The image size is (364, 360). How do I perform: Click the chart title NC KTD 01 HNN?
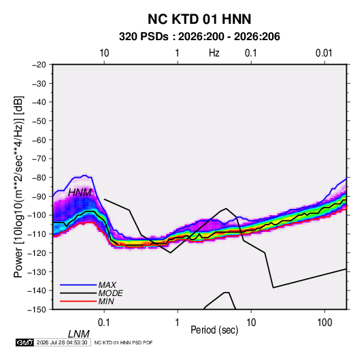point(199,19)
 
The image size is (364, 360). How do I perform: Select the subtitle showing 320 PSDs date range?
point(199,37)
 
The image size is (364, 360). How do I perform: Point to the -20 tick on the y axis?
point(39,65)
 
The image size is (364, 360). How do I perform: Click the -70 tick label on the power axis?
point(39,159)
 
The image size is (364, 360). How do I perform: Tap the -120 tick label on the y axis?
point(37,252)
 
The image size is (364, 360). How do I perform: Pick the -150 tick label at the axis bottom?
point(37,310)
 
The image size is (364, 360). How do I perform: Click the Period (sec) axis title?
point(214,330)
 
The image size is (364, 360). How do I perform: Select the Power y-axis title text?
point(18,187)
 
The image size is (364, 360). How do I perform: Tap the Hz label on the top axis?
point(214,53)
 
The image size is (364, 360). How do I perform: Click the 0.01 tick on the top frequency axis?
point(324,53)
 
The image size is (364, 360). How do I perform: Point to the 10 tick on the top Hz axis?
point(104,53)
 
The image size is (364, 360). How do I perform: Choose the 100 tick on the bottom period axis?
point(325,323)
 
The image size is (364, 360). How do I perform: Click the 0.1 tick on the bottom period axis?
point(104,323)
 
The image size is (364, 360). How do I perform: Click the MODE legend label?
point(110,293)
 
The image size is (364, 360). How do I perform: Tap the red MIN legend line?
point(78,301)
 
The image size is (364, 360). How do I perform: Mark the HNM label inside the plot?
point(80,193)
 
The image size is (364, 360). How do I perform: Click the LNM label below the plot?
point(78,334)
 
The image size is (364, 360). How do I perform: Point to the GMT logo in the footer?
point(25,342)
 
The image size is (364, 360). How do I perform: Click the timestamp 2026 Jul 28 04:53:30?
point(62,342)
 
